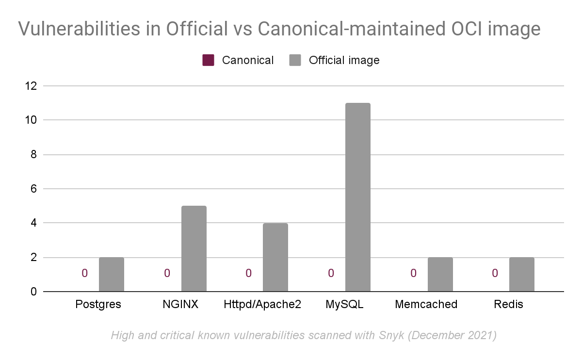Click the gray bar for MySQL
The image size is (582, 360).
(358, 197)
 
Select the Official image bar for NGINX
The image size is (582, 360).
(194, 248)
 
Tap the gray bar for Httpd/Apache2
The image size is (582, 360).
(275, 257)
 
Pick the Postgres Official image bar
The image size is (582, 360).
(112, 274)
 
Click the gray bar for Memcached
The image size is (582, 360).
(440, 274)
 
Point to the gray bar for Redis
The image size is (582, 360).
(522, 274)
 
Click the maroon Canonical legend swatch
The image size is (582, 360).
(209, 60)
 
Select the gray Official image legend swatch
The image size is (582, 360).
(295, 60)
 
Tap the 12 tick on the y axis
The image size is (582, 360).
(31, 86)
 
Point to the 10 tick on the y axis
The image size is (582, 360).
(31, 120)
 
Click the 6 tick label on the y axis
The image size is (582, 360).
(34, 189)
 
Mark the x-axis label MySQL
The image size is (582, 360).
(344, 304)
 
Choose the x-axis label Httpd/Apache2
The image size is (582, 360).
(262, 304)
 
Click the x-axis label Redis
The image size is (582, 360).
(508, 304)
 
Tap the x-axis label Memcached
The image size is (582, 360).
(426, 304)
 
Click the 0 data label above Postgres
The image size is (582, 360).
(85, 273)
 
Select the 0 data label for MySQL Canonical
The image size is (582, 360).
(331, 273)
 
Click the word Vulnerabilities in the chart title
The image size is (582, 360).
(79, 29)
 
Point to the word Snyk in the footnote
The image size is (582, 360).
(391, 335)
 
